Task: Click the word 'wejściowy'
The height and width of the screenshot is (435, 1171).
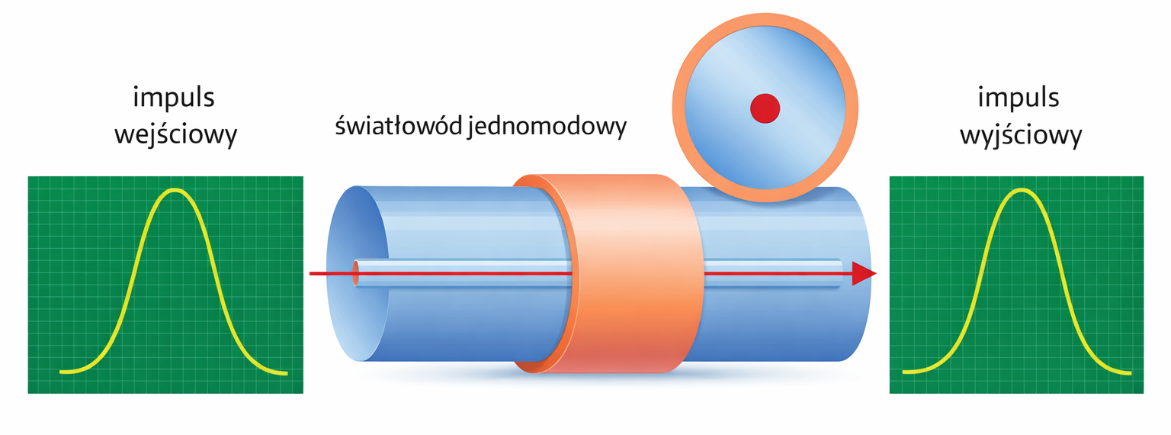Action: tap(175, 135)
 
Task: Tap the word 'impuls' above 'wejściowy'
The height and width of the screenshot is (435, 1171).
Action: tap(174, 98)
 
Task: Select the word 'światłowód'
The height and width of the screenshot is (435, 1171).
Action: tap(399, 126)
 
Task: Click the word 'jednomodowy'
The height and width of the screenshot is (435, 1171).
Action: tap(547, 127)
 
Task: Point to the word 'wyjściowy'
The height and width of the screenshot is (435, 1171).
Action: tap(1021, 135)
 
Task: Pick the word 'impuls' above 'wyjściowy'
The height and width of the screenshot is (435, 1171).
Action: tap(1019, 98)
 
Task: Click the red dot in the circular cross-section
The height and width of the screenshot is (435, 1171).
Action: tap(765, 108)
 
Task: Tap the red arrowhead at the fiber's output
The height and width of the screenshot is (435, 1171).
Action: tap(864, 273)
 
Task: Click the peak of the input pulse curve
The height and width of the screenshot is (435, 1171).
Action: tap(175, 191)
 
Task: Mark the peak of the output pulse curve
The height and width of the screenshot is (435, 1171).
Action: tap(1021, 191)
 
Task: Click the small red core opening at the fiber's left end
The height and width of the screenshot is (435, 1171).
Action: tap(356, 273)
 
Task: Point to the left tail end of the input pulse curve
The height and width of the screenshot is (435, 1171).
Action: tap(61, 372)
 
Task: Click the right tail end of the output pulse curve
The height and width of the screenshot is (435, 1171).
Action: tap(1130, 373)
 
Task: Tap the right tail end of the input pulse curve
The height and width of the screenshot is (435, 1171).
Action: tap(285, 373)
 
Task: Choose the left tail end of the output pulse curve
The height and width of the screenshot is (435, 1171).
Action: tap(904, 372)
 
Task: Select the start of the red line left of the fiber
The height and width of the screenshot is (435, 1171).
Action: tap(310, 273)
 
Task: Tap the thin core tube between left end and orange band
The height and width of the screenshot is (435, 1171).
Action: tap(463, 273)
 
